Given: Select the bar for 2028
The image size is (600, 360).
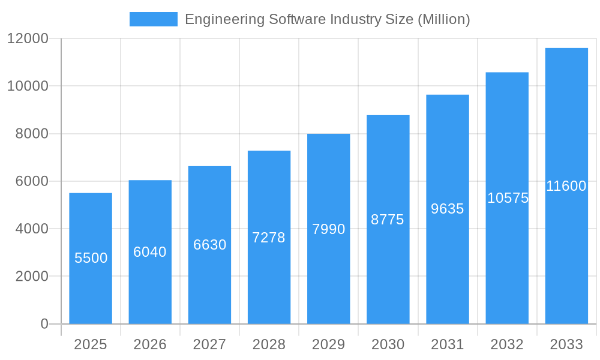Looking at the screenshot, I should click(x=269, y=276).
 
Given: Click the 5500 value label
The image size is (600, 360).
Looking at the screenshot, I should click(x=91, y=258).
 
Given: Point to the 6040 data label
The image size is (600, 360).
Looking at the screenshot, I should click(x=150, y=252).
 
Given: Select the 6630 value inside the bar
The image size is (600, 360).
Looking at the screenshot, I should click(x=209, y=245).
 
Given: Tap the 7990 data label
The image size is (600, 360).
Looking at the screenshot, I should click(x=328, y=229).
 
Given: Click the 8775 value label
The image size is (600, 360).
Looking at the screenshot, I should click(x=388, y=220).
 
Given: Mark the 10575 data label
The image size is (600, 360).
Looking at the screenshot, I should click(x=508, y=198).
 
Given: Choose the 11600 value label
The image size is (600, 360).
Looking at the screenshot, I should click(x=566, y=186).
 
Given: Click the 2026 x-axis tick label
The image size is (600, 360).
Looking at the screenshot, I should click(x=150, y=344).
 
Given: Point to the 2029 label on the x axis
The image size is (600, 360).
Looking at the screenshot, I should click(x=328, y=344).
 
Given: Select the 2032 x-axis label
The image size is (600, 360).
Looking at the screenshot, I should click(x=507, y=344).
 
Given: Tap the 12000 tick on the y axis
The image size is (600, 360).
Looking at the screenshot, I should click(x=28, y=39).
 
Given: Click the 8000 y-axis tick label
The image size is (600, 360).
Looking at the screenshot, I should click(x=32, y=134).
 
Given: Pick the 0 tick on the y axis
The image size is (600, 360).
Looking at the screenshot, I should click(x=44, y=324).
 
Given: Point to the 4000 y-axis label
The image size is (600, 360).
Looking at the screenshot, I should click(x=32, y=229).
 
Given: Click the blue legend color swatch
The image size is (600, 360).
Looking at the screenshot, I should click(x=154, y=19).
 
